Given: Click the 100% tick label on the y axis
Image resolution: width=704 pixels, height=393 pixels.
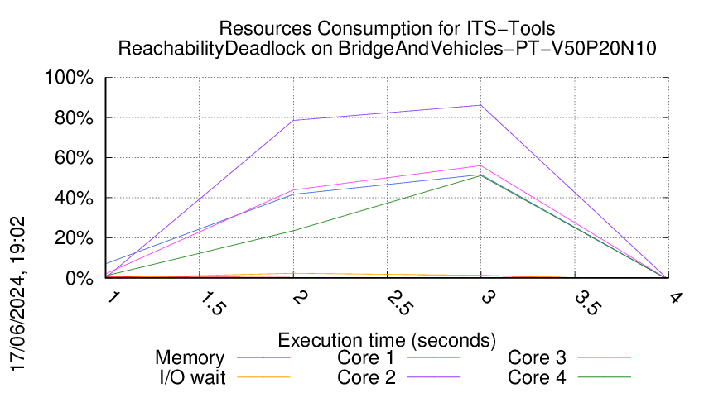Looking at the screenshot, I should point(70,79).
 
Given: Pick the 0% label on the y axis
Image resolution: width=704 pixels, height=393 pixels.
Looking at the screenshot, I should point(78,279).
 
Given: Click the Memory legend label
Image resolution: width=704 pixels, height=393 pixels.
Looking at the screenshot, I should point(190,358).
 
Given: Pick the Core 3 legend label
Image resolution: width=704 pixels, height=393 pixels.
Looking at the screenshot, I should point(538,358).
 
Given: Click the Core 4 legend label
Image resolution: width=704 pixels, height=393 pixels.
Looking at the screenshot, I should point(538,377).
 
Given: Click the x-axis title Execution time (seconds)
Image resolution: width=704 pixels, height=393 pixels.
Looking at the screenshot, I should point(387,339).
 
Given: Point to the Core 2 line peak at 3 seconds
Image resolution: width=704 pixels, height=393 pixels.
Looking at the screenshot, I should point(481,105).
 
